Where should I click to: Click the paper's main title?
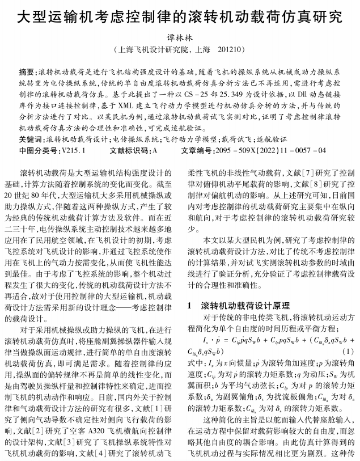[180, 15]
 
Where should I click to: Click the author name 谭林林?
[179, 38]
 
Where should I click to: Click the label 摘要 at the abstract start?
[27, 73]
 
